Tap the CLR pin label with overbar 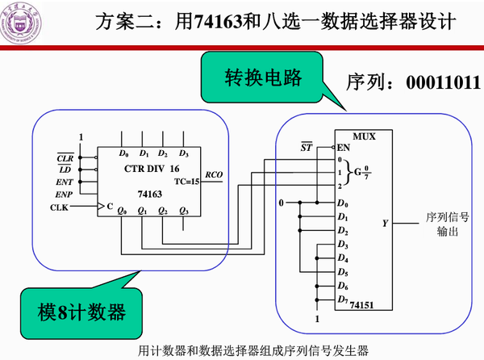[65, 157]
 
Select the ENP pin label [65, 195]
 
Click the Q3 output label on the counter [184, 211]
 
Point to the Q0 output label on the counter [123, 211]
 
